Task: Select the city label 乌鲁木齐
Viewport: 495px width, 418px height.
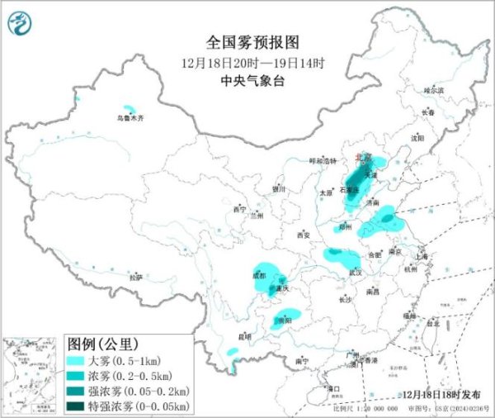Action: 130,119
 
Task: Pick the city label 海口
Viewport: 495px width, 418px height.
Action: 334,387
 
